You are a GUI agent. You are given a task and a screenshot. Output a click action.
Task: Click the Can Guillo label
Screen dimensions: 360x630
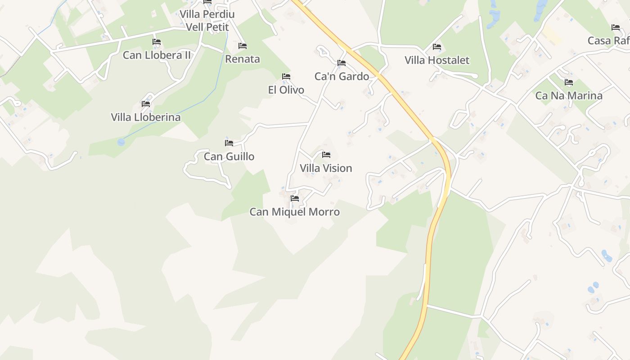tap(229, 157)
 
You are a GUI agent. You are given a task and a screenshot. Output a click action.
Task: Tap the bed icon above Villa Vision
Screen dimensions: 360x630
tap(326, 155)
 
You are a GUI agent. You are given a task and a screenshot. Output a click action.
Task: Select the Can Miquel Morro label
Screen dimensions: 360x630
tap(295, 212)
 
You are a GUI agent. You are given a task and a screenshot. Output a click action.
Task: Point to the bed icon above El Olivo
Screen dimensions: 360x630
tap(286, 76)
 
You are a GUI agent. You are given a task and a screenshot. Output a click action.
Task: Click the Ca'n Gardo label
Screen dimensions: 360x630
tap(342, 76)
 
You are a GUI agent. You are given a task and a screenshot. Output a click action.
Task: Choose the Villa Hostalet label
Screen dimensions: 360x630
tap(436, 60)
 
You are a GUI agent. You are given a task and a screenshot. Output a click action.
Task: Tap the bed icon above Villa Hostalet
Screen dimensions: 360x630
tap(436, 47)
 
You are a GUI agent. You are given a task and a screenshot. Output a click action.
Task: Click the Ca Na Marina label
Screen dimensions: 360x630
tap(569, 96)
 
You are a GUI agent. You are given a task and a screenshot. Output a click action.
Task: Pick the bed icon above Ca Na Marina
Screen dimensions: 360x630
tap(569, 82)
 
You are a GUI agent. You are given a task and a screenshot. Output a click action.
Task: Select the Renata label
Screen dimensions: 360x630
tap(243, 59)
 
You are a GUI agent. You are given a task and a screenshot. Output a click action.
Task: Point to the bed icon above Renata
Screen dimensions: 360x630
tap(243, 46)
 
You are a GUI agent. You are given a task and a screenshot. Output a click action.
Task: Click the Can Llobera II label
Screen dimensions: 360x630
tap(157, 55)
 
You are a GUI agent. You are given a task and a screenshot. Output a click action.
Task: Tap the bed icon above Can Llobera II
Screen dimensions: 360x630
tap(157, 42)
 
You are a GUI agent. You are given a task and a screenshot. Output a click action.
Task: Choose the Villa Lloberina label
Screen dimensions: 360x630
tap(146, 117)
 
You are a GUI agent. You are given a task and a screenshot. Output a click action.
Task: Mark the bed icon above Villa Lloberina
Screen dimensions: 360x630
tap(146, 104)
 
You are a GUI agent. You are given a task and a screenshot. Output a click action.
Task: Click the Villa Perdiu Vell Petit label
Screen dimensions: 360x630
tap(207, 20)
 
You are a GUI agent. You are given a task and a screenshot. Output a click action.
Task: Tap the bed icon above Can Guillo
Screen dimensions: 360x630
tap(229, 143)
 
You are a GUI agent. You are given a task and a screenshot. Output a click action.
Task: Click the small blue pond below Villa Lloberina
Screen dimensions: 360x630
tap(121, 142)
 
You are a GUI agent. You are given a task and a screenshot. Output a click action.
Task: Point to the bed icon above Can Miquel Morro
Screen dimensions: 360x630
tap(295, 198)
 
